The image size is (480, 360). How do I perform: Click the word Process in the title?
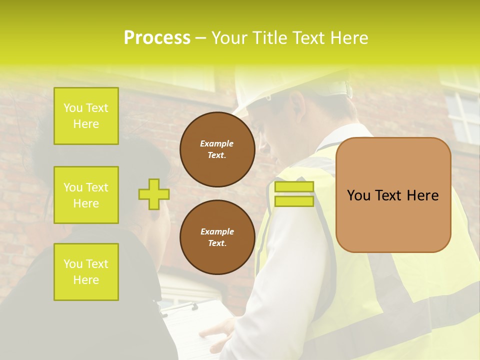tap(157, 38)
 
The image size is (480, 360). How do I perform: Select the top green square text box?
tap(86, 116)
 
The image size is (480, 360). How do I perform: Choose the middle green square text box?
tap(86, 195)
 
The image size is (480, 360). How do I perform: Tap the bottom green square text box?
tap(86, 272)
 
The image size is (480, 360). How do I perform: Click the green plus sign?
tap(154, 194)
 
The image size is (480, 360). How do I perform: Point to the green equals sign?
tap(294, 194)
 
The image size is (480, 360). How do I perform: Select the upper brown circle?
tap(217, 149)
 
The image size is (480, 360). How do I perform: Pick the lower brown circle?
tap(217, 237)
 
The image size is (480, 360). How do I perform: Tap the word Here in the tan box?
tap(422, 195)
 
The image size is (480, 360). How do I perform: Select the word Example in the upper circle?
tap(216, 143)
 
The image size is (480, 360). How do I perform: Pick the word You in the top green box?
tap(73, 108)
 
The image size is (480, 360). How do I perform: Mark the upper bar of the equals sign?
tap(294, 187)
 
